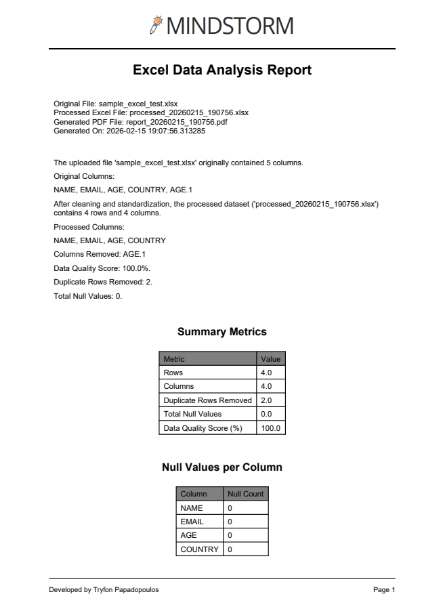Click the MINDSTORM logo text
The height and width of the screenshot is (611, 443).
[x=230, y=26]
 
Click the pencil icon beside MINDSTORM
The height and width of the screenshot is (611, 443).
[x=157, y=25]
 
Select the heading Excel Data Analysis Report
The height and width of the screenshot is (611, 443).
[x=221, y=70]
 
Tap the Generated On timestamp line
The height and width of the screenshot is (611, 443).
[x=129, y=131]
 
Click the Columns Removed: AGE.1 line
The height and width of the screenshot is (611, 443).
[x=100, y=254]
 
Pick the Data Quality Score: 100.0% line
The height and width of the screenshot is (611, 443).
[x=102, y=268]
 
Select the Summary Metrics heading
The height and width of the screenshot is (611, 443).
[x=221, y=332]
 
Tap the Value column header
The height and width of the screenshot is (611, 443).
[x=270, y=359]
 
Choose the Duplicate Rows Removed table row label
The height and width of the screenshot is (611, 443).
[x=207, y=400]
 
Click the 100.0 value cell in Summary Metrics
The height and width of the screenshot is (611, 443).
[x=270, y=428]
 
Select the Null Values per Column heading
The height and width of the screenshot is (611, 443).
[x=221, y=467]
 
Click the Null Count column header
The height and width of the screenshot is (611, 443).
[x=245, y=494]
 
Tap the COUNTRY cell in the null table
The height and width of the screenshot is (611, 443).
[x=199, y=549]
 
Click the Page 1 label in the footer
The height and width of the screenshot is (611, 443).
[x=384, y=590]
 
